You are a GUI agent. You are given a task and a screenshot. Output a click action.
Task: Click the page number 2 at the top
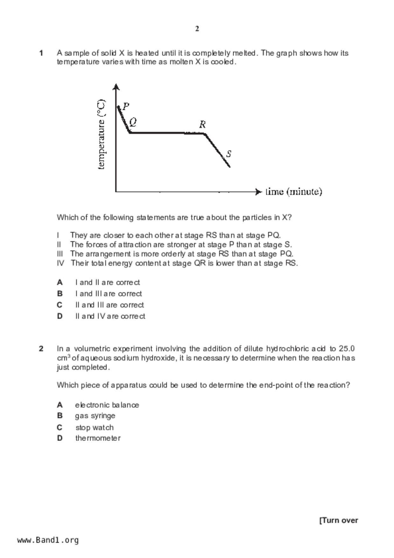pyautogui.click(x=197, y=29)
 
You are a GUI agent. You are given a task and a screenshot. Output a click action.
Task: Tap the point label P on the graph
pyautogui.click(x=126, y=106)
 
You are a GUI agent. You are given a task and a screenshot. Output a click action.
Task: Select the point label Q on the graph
pyautogui.click(x=133, y=122)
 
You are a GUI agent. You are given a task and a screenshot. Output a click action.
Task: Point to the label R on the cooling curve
pyautogui.click(x=202, y=124)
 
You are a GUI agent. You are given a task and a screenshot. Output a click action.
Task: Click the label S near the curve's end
pyautogui.click(x=228, y=154)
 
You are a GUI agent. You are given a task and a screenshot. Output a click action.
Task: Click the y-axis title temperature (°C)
pyautogui.click(x=101, y=135)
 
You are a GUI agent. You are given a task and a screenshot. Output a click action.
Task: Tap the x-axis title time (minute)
pyautogui.click(x=294, y=192)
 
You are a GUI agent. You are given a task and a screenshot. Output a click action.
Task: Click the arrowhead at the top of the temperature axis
pyautogui.click(x=116, y=87)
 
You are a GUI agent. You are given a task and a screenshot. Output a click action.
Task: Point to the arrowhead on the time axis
pyautogui.click(x=259, y=192)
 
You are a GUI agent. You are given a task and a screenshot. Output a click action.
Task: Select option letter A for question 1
pyautogui.click(x=59, y=282)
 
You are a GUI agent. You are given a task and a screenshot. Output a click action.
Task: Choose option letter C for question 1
pyautogui.click(x=59, y=305)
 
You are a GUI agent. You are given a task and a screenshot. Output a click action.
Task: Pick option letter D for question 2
pyautogui.click(x=59, y=438)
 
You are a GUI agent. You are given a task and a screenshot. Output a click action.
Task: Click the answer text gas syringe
pyautogui.click(x=95, y=416)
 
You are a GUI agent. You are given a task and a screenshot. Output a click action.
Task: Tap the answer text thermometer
pyautogui.click(x=98, y=438)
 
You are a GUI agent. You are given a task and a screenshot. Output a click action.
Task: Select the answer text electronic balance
pyautogui.click(x=107, y=405)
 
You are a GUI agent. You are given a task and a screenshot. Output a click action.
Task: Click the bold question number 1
pyautogui.click(x=41, y=53)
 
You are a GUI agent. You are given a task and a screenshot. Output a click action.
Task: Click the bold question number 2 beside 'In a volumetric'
pyautogui.click(x=41, y=349)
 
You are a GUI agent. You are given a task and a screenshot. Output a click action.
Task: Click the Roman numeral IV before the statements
pyautogui.click(x=60, y=263)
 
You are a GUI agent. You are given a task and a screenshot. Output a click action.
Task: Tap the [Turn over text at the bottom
pyautogui.click(x=339, y=520)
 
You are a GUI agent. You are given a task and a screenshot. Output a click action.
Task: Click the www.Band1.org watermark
pyautogui.click(x=48, y=540)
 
